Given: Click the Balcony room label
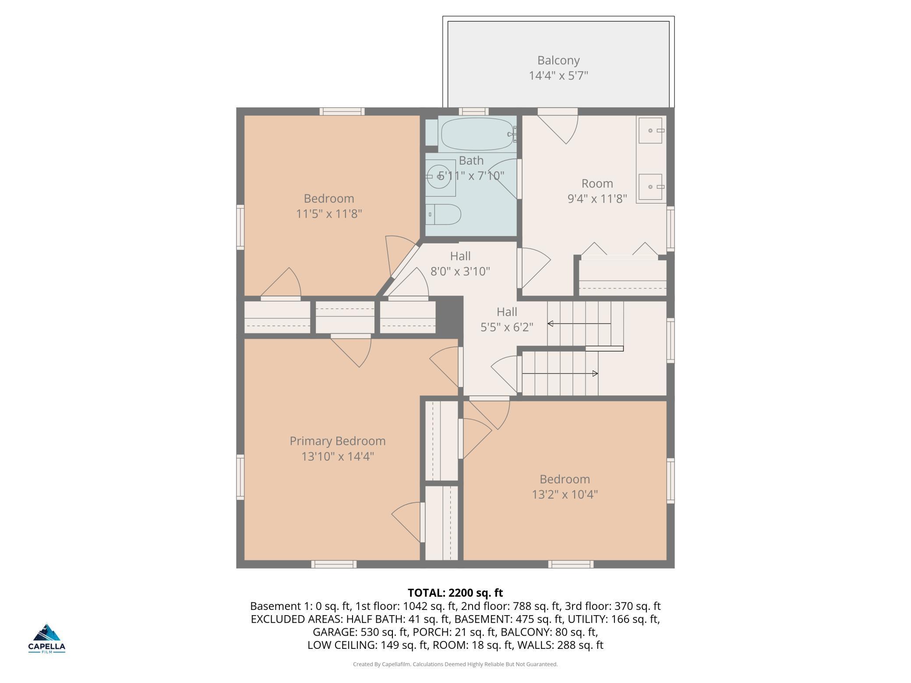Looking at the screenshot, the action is (x=558, y=67).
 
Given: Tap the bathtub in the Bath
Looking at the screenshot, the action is (x=477, y=134).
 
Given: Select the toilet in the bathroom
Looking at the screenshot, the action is (x=443, y=215).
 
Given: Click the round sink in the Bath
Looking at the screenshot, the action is (x=439, y=177).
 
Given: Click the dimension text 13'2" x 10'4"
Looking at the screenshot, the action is (x=565, y=494).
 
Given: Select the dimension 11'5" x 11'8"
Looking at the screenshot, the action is (x=329, y=214).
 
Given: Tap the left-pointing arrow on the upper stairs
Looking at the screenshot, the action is (x=579, y=324).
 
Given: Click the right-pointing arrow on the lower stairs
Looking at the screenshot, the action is (x=560, y=373).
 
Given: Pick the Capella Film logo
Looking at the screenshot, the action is (x=47, y=638).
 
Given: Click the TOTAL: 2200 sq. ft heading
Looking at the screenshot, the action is (x=455, y=593).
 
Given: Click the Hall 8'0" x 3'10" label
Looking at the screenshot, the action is (x=460, y=264).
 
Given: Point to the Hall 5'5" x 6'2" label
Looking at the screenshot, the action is (x=507, y=319).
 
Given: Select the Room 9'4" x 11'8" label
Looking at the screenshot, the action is (x=597, y=191).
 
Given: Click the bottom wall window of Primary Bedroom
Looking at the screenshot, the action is (x=334, y=564).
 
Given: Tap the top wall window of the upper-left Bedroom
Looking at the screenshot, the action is (x=342, y=112).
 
